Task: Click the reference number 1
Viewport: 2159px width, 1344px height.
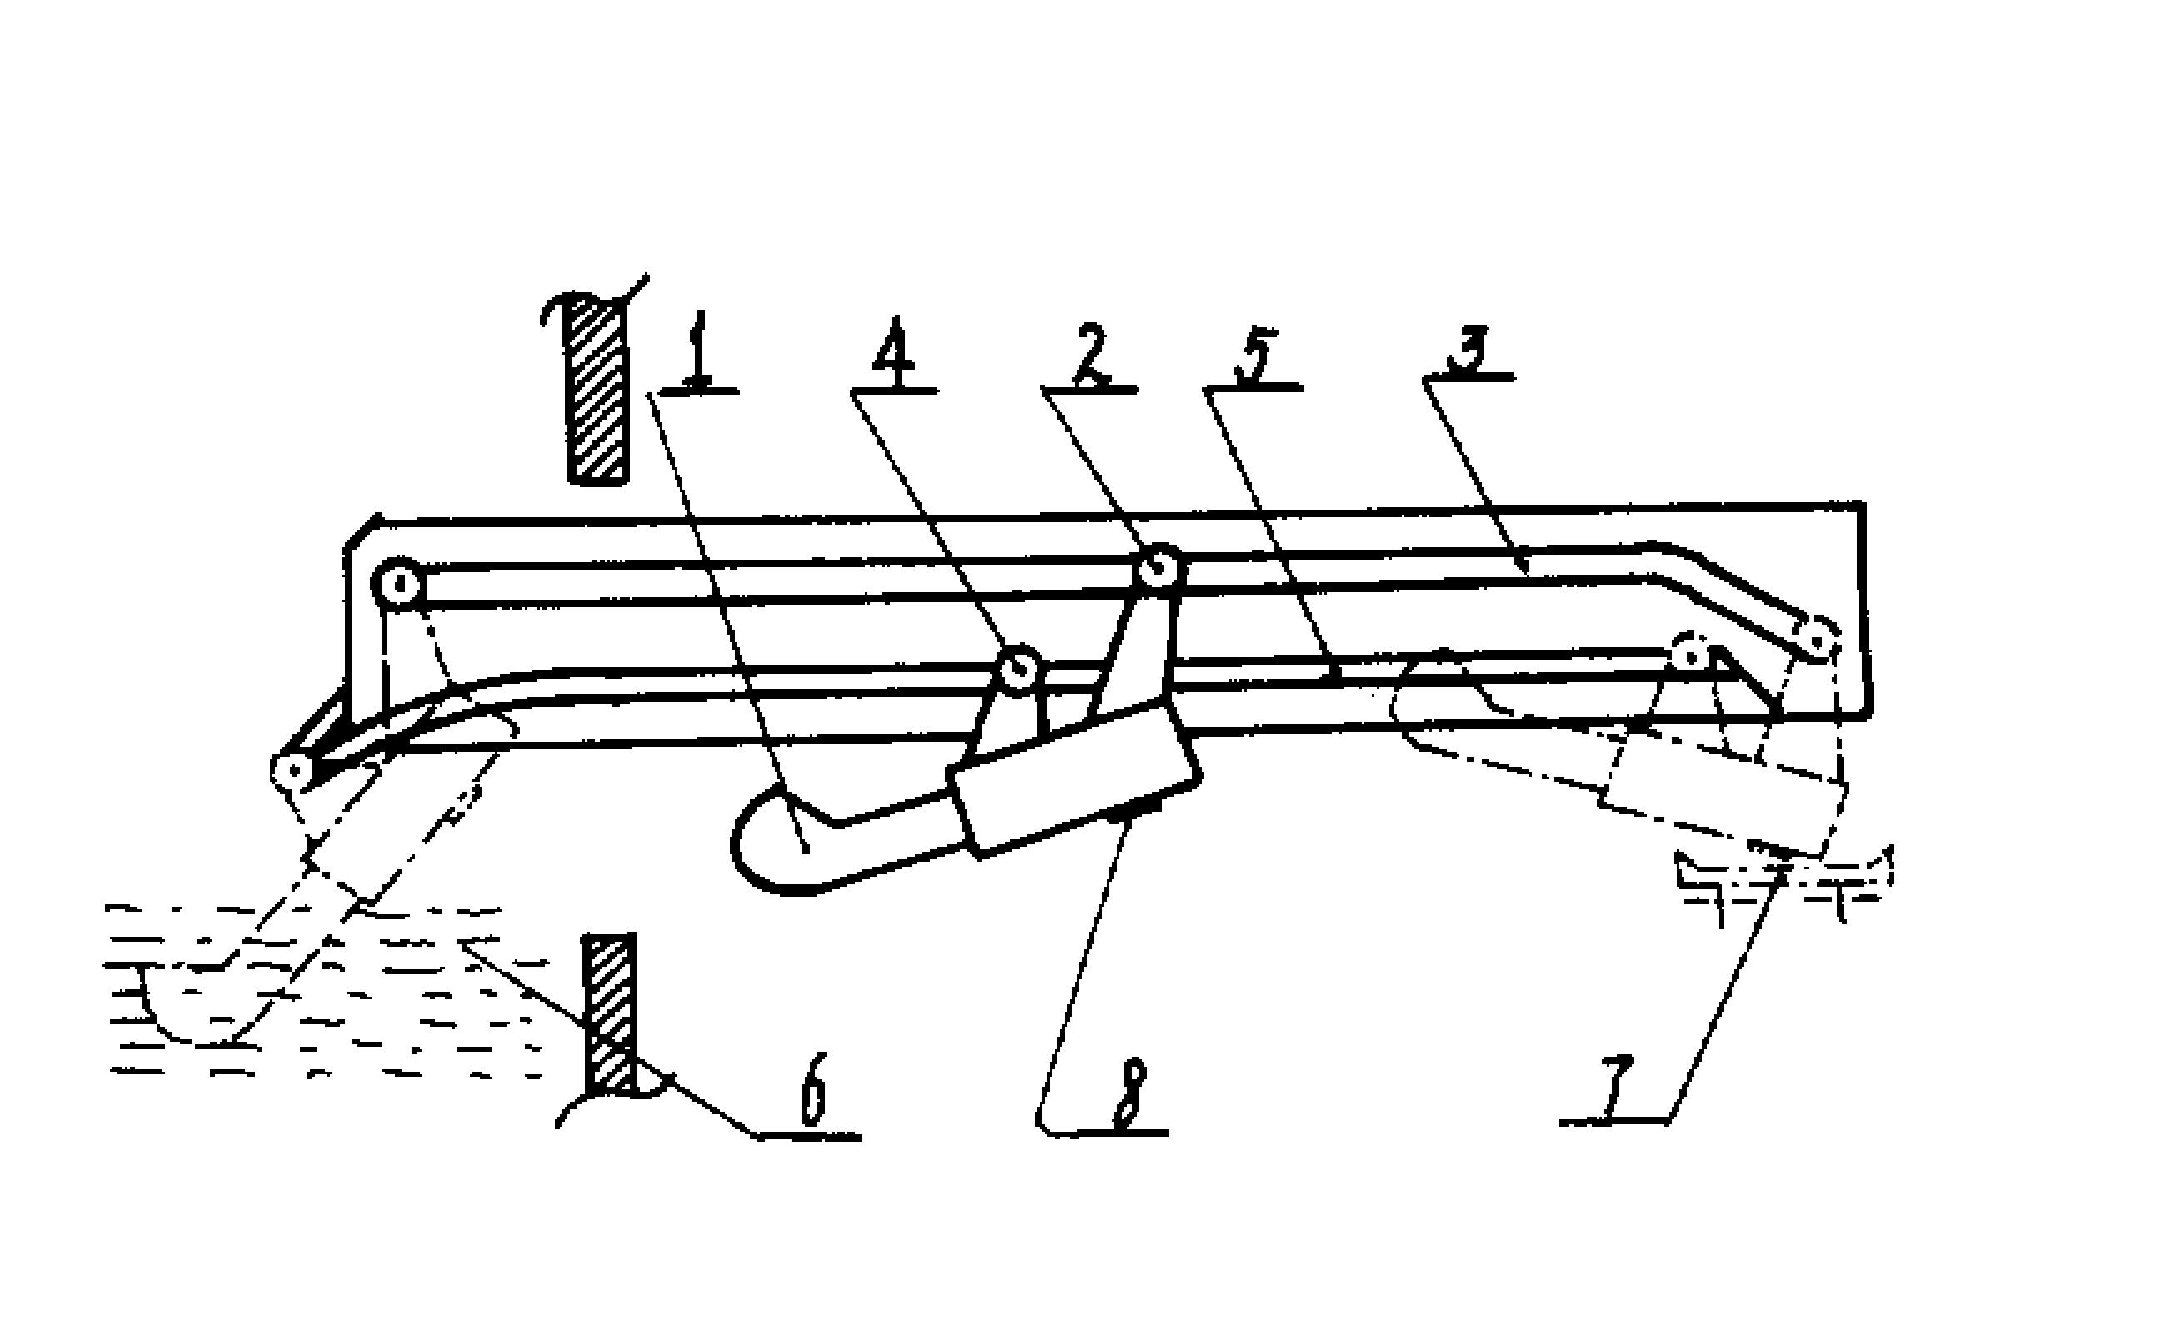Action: (699, 350)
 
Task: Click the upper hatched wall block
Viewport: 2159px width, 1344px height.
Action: (597, 390)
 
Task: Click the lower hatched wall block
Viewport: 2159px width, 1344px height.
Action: (610, 1015)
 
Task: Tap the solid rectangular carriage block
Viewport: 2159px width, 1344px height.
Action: (1076, 776)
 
